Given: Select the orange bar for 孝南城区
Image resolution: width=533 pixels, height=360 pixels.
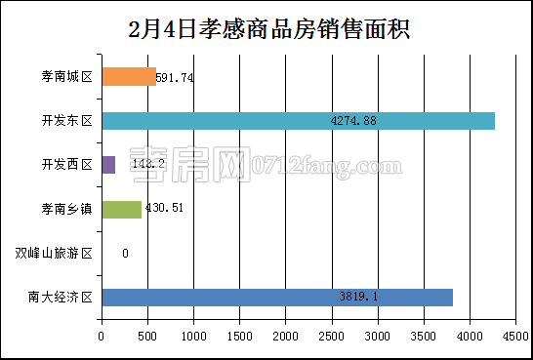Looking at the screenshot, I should [x=129, y=77].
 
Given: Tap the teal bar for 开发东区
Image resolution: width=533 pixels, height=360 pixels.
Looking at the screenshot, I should [x=298, y=121].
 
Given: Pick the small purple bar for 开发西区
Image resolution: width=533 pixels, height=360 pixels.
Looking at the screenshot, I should [x=108, y=165].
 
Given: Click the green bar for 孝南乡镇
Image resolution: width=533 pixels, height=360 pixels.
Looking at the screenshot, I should [x=121, y=209].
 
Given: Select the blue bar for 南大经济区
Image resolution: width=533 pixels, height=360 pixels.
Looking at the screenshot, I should [x=277, y=297].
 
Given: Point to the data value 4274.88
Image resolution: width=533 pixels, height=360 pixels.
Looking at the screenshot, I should [x=353, y=121].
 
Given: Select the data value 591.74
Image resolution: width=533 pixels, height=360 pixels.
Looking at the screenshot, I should [x=175, y=78].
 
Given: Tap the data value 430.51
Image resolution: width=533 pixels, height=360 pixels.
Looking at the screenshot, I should [x=164, y=209].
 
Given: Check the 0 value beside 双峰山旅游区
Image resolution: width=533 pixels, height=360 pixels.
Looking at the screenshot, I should [x=125, y=254].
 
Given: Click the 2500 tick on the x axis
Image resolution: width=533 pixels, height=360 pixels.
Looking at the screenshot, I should [x=332, y=336].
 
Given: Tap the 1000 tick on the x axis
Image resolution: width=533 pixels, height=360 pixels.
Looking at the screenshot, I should [x=193, y=336].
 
